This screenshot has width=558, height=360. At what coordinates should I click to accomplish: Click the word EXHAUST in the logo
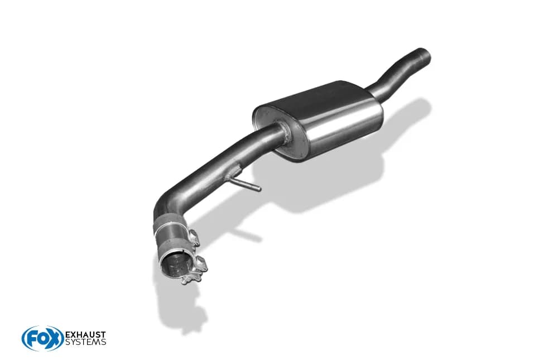click(x=85, y=335)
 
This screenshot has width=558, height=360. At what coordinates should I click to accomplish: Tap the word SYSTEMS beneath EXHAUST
click(x=85, y=342)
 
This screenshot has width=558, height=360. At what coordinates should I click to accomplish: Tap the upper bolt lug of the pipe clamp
click(x=193, y=237)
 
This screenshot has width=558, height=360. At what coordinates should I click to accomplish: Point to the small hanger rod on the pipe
click(x=245, y=183)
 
